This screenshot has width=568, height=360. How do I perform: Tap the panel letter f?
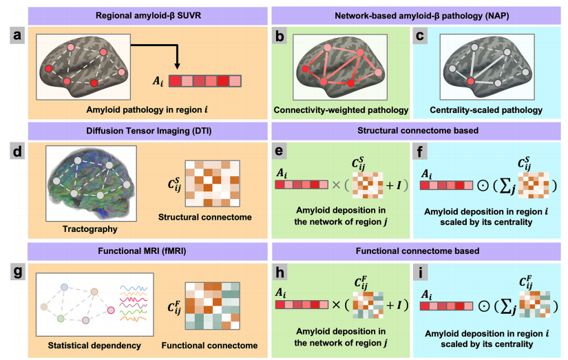[x=421, y=151]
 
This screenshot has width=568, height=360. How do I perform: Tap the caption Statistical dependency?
[x=81, y=344]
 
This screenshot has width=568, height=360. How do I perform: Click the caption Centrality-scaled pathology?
[x=485, y=109]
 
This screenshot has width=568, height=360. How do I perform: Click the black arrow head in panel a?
[x=177, y=67]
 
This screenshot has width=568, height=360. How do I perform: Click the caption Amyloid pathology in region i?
[x=139, y=109]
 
